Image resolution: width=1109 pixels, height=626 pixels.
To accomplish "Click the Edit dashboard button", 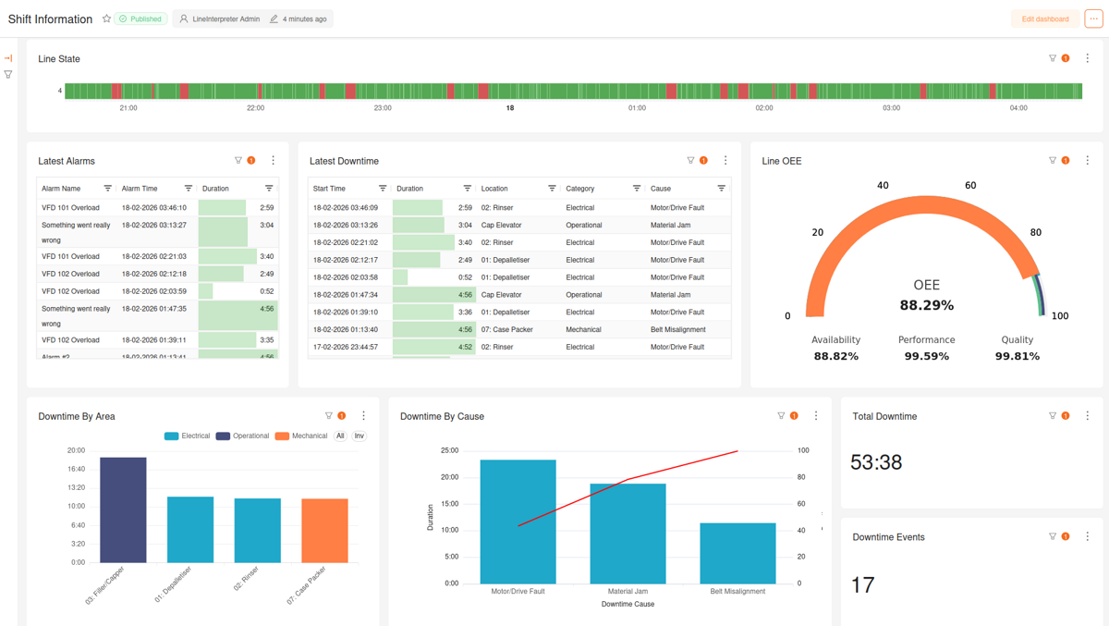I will [1044, 18].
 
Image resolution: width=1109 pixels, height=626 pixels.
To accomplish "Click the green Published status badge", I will [140, 18].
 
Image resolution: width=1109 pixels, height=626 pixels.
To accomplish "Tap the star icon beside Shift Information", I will [106, 18].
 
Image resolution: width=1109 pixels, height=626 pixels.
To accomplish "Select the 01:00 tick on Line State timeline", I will [637, 108].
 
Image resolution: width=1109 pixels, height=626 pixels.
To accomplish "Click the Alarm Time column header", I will [140, 189].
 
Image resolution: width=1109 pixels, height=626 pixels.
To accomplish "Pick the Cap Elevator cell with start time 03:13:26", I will [501, 225].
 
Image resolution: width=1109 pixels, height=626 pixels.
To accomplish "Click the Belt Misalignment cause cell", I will [677, 329].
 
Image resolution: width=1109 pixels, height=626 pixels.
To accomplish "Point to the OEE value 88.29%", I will [926, 305].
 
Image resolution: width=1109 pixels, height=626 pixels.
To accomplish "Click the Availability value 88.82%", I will [835, 356].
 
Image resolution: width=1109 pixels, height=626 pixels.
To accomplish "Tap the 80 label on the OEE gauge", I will [1035, 232].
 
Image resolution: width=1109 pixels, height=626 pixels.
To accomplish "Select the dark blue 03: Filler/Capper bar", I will [123, 509].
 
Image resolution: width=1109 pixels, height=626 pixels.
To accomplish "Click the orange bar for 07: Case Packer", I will [324, 531].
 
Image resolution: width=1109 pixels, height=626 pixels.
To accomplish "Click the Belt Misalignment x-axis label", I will [737, 591].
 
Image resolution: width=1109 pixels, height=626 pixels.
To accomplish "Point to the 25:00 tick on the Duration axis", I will [449, 450].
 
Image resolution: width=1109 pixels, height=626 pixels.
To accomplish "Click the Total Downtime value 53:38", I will [876, 461].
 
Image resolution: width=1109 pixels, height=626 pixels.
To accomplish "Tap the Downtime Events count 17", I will [862, 584].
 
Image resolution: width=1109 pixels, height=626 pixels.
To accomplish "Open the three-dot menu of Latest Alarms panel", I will [273, 161].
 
